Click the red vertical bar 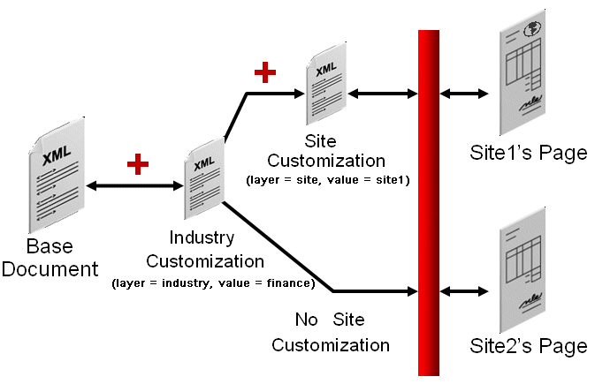(x=429, y=201)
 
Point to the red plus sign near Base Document (x=137, y=163)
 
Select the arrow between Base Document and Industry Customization (x=133, y=186)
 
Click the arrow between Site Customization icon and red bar (x=383, y=93)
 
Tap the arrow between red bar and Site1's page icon (x=464, y=93)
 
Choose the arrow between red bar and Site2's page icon (x=464, y=290)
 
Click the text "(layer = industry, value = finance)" (x=213, y=283)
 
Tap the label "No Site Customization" (x=330, y=332)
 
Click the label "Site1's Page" (x=528, y=153)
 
